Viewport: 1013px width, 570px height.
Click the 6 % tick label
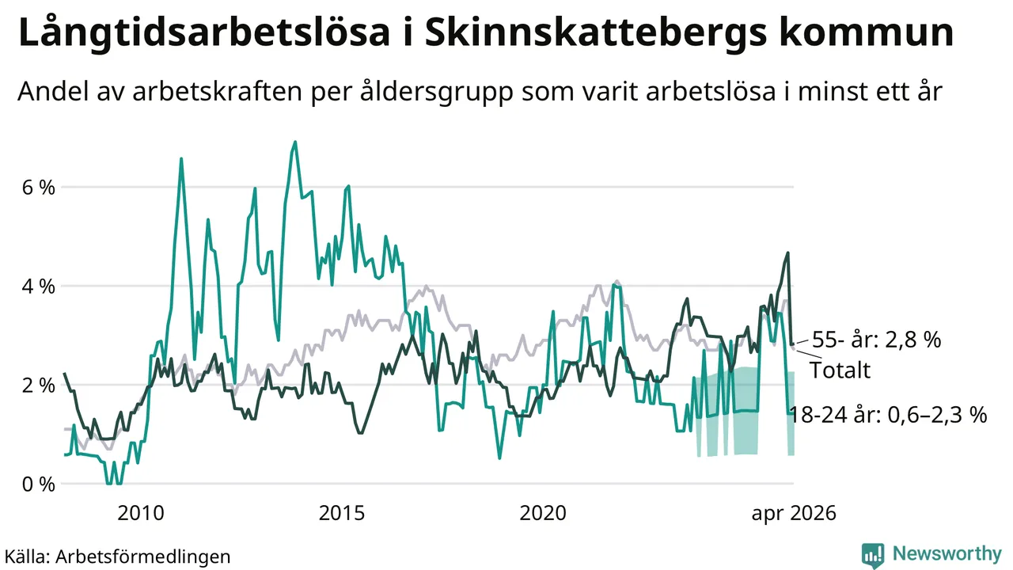tap(39, 188)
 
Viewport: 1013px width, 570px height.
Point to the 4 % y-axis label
tap(39, 287)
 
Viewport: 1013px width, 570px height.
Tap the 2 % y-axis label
tap(39, 386)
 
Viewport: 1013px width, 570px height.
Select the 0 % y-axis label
tap(39, 484)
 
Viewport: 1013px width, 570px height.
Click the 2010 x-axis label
tap(141, 514)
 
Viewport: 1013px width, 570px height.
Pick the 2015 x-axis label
tap(341, 514)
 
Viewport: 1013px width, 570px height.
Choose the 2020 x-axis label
tap(543, 514)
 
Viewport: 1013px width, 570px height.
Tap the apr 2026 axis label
tap(794, 514)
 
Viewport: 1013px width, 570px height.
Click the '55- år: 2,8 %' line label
tap(876, 340)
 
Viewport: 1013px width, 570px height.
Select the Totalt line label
tap(840, 370)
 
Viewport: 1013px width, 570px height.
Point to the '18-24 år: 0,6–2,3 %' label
tap(888, 415)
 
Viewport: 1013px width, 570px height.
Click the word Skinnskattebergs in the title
tap(596, 33)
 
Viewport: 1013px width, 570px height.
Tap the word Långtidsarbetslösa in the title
tap(204, 33)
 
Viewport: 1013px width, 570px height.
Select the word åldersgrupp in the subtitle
tap(437, 92)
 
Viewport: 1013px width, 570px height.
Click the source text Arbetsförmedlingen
tap(143, 557)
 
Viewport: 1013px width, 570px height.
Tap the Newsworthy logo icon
tap(873, 555)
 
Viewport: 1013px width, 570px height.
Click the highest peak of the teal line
tap(295, 142)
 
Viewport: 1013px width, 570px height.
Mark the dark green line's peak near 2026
tap(787, 253)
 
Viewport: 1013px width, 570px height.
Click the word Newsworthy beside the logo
tap(947, 553)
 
